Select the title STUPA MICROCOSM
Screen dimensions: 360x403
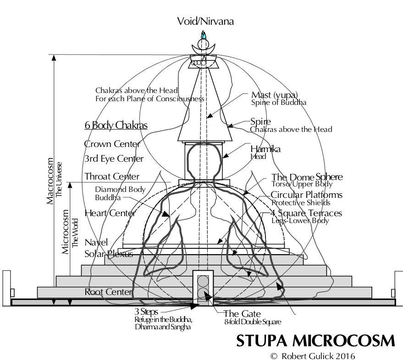pos(315,341)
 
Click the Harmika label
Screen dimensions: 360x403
pos(265,149)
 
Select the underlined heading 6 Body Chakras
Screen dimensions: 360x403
pos(116,125)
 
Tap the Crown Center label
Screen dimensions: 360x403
pos(112,144)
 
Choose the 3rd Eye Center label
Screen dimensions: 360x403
pos(114,159)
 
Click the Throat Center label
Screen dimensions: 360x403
pos(112,176)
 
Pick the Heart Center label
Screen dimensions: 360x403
pos(110,213)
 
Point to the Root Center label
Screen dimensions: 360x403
pos(109,292)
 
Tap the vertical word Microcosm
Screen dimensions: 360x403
pos(66,231)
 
